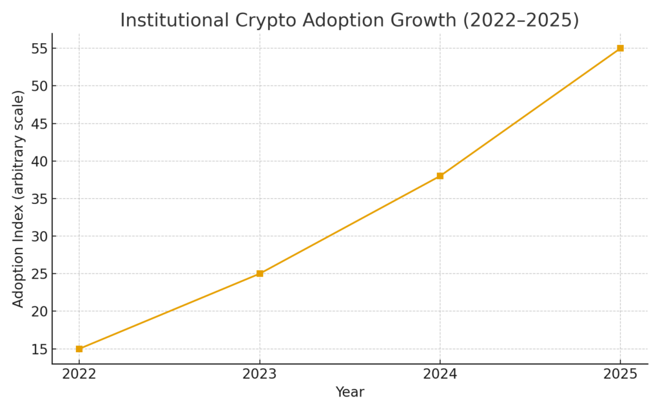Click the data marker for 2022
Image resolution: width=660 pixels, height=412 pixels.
(x=79, y=349)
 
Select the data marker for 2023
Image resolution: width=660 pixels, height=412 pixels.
(x=260, y=274)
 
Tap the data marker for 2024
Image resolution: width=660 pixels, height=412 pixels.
(x=440, y=176)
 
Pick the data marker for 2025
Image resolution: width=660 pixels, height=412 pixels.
(x=620, y=48)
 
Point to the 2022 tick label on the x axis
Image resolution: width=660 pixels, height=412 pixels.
(x=79, y=374)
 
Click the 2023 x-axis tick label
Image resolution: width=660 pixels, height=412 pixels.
(x=260, y=374)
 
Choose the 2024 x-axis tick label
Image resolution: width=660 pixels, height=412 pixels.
(x=440, y=374)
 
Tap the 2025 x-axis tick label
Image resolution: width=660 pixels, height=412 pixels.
(x=620, y=374)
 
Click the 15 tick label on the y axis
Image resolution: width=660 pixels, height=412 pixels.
(x=38, y=349)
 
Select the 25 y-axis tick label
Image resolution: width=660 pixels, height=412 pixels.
(x=38, y=274)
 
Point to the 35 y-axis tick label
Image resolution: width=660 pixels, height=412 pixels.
(x=38, y=199)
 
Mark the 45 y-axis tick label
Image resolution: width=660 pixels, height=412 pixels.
(x=38, y=124)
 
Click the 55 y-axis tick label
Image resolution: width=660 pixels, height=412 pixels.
(x=38, y=48)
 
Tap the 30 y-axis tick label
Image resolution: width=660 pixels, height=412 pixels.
(x=38, y=236)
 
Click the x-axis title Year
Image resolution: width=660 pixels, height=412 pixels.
(x=350, y=392)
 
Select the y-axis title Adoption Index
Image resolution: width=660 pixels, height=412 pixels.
(x=19, y=199)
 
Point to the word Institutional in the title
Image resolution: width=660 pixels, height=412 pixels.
(x=173, y=21)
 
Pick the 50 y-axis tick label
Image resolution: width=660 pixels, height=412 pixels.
(x=38, y=86)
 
